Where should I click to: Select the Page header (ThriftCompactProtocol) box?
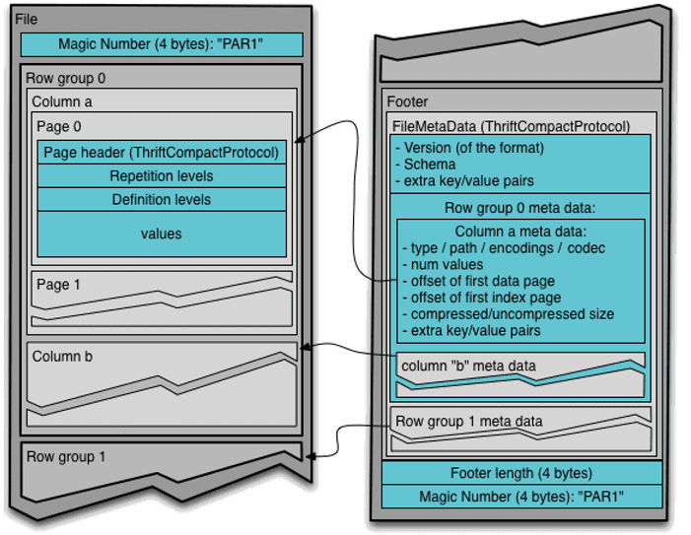point(162,153)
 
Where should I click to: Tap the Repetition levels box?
point(162,176)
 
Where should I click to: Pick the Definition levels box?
point(162,199)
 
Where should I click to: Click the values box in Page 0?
point(162,234)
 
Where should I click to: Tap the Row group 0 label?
point(66,78)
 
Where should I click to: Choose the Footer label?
point(407,101)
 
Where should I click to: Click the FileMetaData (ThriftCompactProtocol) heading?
point(511,126)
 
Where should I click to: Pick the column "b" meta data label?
point(468,366)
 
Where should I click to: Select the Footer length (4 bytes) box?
point(520,473)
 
